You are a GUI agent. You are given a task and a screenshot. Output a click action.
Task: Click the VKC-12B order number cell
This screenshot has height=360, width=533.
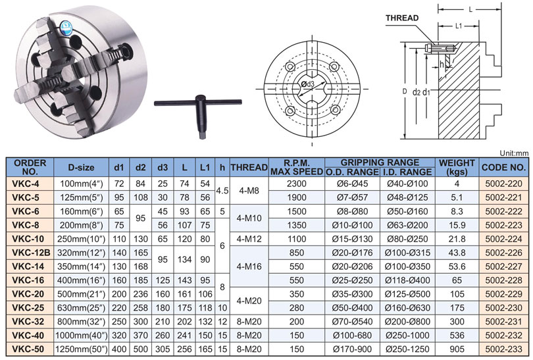point(30,253)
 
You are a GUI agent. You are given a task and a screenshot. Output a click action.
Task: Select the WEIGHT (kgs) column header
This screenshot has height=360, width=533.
point(457,167)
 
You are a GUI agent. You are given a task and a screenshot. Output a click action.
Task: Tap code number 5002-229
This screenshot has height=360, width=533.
point(503,294)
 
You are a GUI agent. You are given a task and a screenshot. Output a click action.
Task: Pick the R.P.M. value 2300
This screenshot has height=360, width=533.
point(296,184)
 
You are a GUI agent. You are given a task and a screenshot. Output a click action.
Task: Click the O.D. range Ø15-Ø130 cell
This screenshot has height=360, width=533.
point(352,239)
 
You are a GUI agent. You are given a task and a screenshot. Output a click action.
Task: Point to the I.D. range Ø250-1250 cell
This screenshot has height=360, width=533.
point(407,349)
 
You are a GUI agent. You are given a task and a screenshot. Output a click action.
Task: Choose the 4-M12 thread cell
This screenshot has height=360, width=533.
point(249,239)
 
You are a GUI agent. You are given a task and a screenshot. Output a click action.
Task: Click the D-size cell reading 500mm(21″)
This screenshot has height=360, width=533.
point(81,294)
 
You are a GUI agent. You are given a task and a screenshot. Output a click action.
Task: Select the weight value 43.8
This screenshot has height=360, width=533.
point(457,253)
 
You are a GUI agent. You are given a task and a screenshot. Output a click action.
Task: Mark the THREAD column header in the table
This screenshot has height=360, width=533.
point(249,167)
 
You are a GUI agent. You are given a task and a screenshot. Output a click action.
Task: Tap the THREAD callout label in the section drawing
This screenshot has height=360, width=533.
point(402,18)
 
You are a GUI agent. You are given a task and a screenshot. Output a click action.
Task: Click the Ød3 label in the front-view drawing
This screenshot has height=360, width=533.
point(308,84)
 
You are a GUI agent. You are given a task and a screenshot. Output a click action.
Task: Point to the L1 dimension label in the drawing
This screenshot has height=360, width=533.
point(459,26)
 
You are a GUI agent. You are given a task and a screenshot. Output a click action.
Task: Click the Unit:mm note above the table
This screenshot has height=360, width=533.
point(514,153)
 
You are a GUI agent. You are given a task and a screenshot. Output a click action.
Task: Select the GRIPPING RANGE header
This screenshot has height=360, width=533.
point(380,163)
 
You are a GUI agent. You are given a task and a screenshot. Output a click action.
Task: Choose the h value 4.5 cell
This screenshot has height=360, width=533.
point(222,191)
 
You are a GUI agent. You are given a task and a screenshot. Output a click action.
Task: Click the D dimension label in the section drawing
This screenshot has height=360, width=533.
point(405,91)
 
